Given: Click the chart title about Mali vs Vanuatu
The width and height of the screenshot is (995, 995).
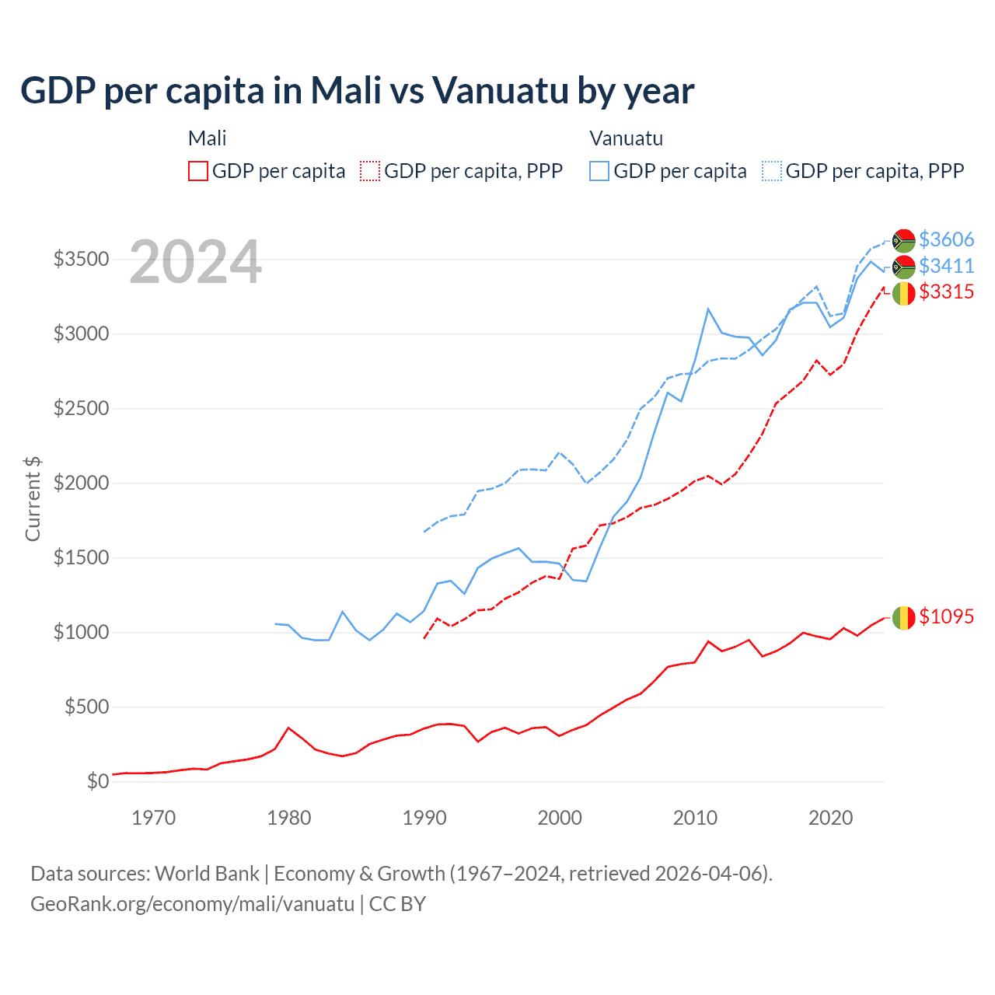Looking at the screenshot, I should coord(358,91).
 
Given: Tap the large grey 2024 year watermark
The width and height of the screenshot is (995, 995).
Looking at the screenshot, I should coord(195,262).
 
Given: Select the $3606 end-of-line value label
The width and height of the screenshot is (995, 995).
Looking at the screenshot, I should coord(946,239).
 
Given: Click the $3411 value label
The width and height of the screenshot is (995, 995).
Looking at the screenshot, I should coord(946,266).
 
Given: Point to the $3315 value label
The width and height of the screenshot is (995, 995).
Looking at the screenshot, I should coord(946,292).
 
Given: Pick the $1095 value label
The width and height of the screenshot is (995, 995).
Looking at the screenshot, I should coord(946,616).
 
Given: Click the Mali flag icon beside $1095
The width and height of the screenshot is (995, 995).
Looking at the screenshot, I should coord(903,618).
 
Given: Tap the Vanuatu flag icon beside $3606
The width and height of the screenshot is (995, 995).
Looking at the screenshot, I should coord(903,241).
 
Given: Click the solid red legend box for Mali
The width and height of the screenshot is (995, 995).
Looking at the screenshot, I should coord(198,171).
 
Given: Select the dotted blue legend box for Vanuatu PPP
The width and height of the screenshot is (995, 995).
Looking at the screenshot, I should coord(771,171).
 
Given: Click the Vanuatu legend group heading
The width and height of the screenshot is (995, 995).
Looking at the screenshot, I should coord(626,138).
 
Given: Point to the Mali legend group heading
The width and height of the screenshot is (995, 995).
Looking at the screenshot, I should coord(207,138).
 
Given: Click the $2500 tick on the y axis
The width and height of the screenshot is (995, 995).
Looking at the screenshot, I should coord(81,408).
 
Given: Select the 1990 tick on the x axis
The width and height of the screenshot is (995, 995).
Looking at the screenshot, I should coord(424,818).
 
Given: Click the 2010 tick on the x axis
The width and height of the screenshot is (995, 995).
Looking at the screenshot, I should coord(695,818).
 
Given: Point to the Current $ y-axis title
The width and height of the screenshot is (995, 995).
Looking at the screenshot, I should coord(33,498).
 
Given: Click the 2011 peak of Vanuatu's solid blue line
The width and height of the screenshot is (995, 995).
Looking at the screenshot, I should coord(708,309).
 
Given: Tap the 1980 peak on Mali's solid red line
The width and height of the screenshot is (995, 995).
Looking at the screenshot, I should coord(288,728).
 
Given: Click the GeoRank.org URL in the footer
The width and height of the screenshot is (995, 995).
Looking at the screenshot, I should coord(192,904).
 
